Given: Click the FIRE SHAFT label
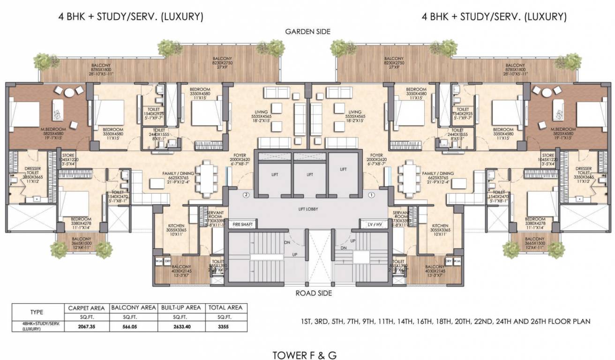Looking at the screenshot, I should pyautogui.click(x=242, y=225).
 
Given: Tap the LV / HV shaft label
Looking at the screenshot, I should pyautogui.click(x=373, y=225).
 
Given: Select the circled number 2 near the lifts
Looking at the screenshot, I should pyautogui.click(x=245, y=195).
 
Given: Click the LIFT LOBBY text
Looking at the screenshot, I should pyautogui.click(x=307, y=209).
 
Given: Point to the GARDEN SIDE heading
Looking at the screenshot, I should pyautogui.click(x=307, y=32).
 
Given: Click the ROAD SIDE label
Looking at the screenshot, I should pyautogui.click(x=307, y=293).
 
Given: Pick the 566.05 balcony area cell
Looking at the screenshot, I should pyautogui.click(x=133, y=326).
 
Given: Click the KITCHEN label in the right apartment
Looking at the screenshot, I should pyautogui.click(x=441, y=225).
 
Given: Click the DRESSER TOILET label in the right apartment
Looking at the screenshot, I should pyautogui.click(x=584, y=171).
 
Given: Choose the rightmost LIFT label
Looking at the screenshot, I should pyautogui.click(x=343, y=169).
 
